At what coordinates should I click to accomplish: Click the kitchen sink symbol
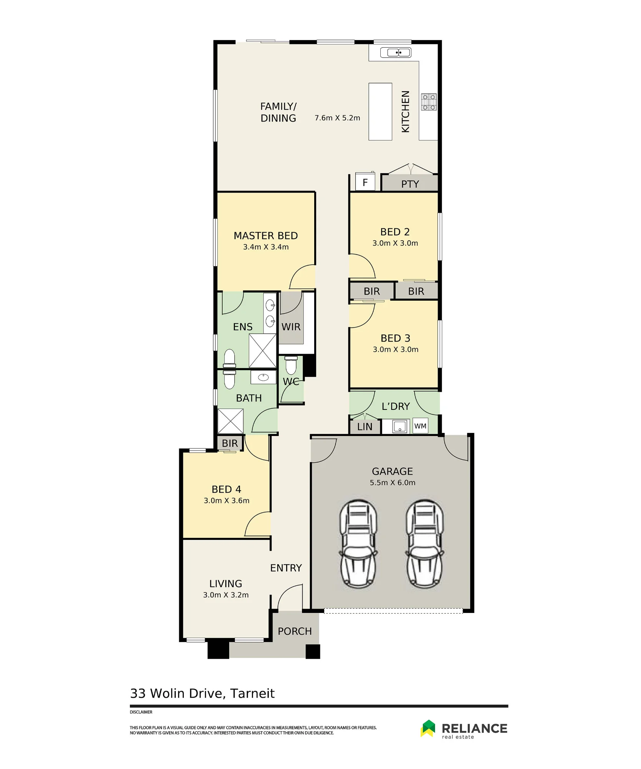396,52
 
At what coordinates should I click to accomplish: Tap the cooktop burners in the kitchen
429,102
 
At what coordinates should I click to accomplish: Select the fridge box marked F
365,182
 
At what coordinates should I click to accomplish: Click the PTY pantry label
410,184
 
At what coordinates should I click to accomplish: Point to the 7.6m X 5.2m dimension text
337,118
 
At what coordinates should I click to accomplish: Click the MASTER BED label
266,236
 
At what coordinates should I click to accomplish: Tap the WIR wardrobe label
291,327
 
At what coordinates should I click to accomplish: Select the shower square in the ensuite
263,351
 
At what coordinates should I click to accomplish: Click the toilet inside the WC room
291,365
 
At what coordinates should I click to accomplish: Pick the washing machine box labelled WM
420,426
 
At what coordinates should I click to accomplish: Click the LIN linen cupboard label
365,427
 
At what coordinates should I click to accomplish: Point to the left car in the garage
358,544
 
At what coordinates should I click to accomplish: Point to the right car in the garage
425,544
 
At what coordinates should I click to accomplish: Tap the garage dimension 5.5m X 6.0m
393,483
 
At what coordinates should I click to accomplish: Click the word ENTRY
286,568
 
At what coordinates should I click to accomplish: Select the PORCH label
295,631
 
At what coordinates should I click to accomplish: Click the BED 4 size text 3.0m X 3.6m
226,501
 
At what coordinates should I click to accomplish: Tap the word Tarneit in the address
252,694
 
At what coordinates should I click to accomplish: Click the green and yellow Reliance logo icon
428,728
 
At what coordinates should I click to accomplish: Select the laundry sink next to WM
400,426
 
